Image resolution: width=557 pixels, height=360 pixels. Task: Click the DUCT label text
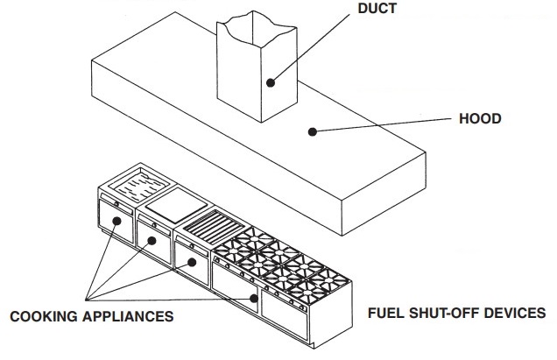377,9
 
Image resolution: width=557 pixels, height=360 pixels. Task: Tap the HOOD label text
480,119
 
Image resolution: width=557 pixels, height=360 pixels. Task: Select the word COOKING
44,316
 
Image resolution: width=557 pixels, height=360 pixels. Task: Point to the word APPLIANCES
128,316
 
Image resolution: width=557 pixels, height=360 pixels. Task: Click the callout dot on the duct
271,83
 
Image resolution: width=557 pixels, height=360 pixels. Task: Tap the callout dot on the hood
313,132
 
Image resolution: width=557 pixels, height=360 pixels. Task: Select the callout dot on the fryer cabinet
116,221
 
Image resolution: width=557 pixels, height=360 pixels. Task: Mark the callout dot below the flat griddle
152,241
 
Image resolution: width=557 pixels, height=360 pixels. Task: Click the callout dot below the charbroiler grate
192,262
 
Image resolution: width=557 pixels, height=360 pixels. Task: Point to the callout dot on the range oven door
254,298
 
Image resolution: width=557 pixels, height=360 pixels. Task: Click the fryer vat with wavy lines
139,185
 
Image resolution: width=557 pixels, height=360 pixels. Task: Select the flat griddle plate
176,206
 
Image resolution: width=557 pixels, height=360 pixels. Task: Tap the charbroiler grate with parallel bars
215,226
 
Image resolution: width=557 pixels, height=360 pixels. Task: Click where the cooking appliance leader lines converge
86,300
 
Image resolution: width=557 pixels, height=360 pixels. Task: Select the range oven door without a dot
284,314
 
